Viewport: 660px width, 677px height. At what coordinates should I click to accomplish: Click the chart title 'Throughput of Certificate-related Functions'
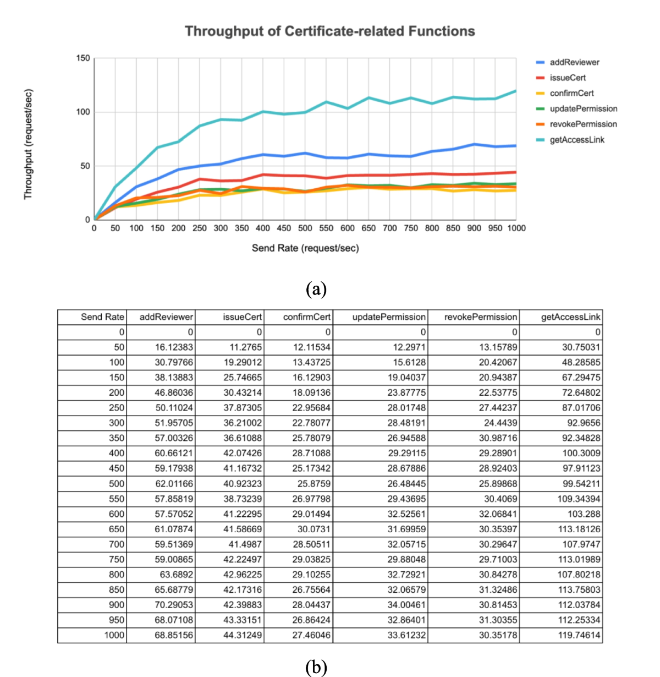pyautogui.click(x=329, y=31)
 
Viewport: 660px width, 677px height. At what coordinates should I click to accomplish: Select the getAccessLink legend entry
pyautogui.click(x=576, y=140)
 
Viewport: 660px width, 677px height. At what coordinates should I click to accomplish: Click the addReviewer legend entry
pyautogui.click(x=574, y=62)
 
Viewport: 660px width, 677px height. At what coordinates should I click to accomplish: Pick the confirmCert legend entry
pyautogui.click(x=571, y=93)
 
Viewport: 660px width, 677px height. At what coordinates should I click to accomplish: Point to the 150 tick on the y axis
pyautogui.click(x=82, y=58)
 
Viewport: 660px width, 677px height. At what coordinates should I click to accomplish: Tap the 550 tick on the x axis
pyautogui.click(x=326, y=228)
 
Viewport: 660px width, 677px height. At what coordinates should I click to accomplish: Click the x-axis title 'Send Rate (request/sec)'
pyautogui.click(x=305, y=248)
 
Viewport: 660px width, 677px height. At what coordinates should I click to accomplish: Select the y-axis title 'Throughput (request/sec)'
pyautogui.click(x=29, y=144)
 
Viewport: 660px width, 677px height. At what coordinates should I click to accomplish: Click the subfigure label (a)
pyautogui.click(x=316, y=288)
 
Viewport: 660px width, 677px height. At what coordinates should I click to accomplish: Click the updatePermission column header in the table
pyautogui.click(x=389, y=317)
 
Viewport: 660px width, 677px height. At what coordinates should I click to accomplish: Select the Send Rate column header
pyautogui.click(x=102, y=317)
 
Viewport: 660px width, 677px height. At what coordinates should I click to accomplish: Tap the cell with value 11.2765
pyautogui.click(x=246, y=347)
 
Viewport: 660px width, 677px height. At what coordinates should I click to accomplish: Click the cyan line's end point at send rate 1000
pyautogui.click(x=516, y=91)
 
